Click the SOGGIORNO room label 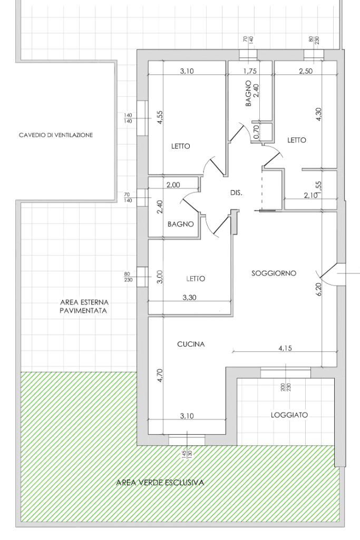(x=274, y=273)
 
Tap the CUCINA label (x=191, y=344)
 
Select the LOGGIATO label (x=289, y=415)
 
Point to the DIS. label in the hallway (x=236, y=193)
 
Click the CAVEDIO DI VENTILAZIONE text (x=56, y=135)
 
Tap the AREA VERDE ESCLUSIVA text (x=160, y=483)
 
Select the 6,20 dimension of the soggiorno (x=319, y=289)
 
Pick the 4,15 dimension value (x=285, y=348)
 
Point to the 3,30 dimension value (x=189, y=298)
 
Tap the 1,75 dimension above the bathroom (x=250, y=71)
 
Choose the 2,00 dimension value (x=173, y=185)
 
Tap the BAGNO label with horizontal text (x=180, y=224)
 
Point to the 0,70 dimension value (x=255, y=132)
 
